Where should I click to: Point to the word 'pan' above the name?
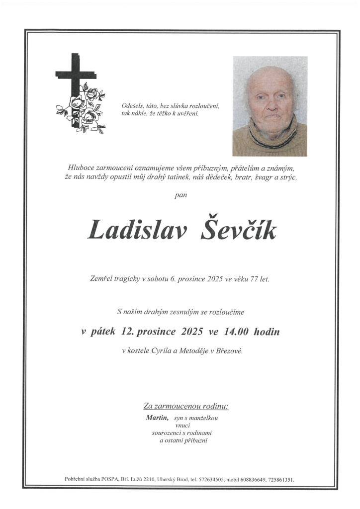coord(181,195)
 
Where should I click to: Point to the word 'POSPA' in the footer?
coord(109,480)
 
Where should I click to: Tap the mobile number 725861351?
coord(280,480)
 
